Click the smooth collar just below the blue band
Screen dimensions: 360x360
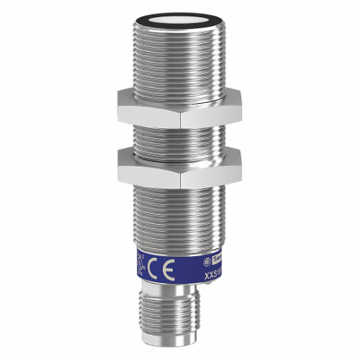179,299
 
